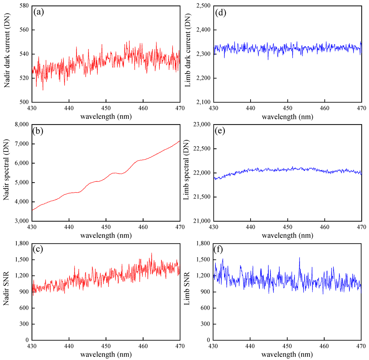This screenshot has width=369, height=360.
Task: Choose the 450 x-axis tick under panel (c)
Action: click(106, 346)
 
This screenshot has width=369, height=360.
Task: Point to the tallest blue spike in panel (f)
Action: click(299, 258)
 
